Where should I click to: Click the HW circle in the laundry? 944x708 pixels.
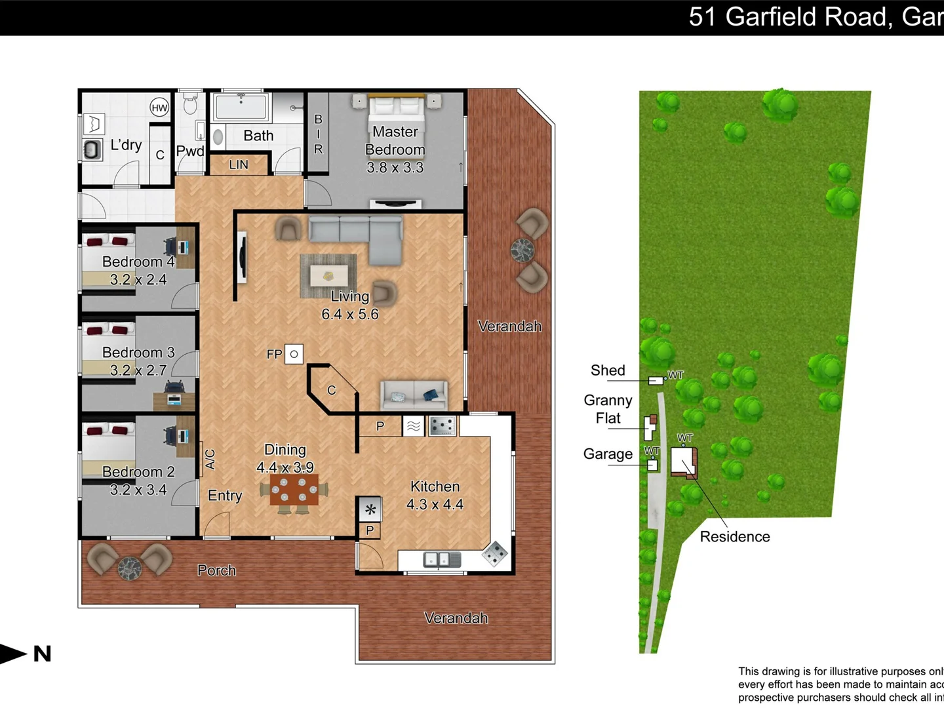pyautogui.click(x=159, y=108)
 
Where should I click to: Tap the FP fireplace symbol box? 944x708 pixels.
pyautogui.click(x=294, y=354)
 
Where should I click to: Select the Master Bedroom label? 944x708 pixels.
pyautogui.click(x=395, y=140)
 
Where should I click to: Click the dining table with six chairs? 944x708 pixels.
pyautogui.click(x=294, y=490)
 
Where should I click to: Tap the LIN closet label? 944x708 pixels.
pyautogui.click(x=239, y=165)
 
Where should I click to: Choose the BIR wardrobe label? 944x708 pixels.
pyautogui.click(x=318, y=134)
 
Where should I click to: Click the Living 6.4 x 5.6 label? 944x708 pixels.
pyautogui.click(x=350, y=305)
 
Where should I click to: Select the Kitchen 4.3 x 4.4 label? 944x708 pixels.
pyautogui.click(x=435, y=495)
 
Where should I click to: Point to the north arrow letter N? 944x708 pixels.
pyautogui.click(x=43, y=654)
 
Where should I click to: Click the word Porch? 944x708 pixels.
pyautogui.click(x=216, y=570)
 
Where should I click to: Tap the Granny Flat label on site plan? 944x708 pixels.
pyautogui.click(x=608, y=409)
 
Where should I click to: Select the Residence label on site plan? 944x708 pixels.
pyautogui.click(x=734, y=536)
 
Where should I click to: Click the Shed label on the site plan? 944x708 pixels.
pyautogui.click(x=608, y=370)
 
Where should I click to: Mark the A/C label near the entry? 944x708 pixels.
pyautogui.click(x=210, y=458)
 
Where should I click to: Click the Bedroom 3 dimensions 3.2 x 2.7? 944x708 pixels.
pyautogui.click(x=138, y=370)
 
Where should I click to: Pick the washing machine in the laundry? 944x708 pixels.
pyautogui.click(x=93, y=149)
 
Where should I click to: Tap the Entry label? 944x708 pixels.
pyautogui.click(x=225, y=496)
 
